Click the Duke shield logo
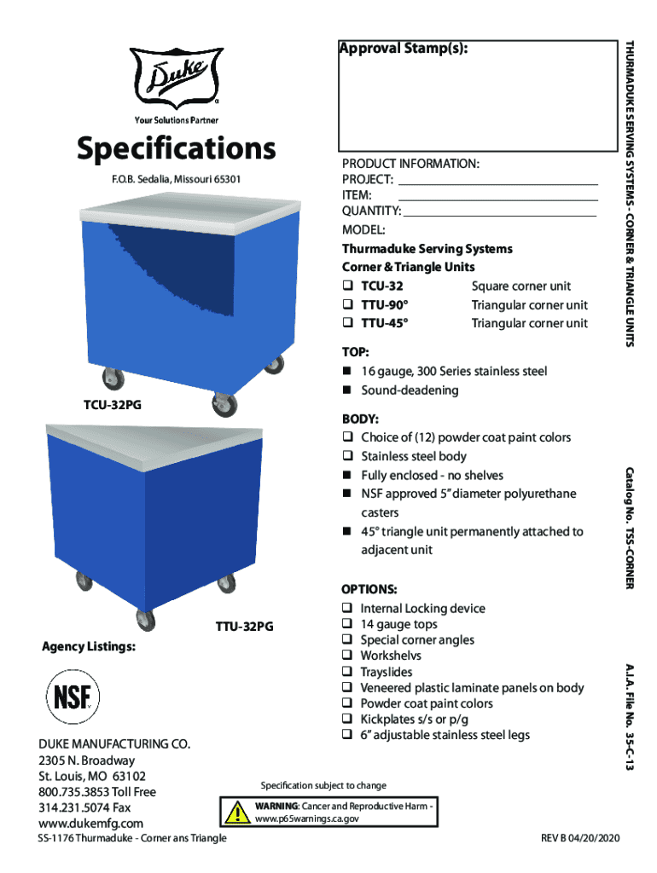[x=176, y=78]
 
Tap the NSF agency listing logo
[x=73, y=697]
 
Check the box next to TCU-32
[x=347, y=286]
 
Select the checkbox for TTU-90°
[x=347, y=304]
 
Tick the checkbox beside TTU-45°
[x=347, y=322]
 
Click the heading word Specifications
[x=176, y=148]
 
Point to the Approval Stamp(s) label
[x=404, y=49]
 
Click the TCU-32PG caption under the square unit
[x=113, y=405]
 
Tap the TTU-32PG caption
[x=245, y=627]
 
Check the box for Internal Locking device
[x=347, y=607]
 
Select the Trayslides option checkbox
[x=347, y=671]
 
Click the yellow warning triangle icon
[x=237, y=812]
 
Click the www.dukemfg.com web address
[x=90, y=823]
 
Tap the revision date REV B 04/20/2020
[x=580, y=838]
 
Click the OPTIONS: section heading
[x=369, y=589]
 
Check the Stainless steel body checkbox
[x=347, y=455]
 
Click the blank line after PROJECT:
[x=498, y=184]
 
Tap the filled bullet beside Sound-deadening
[x=346, y=390]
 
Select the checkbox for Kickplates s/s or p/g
[x=347, y=718]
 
